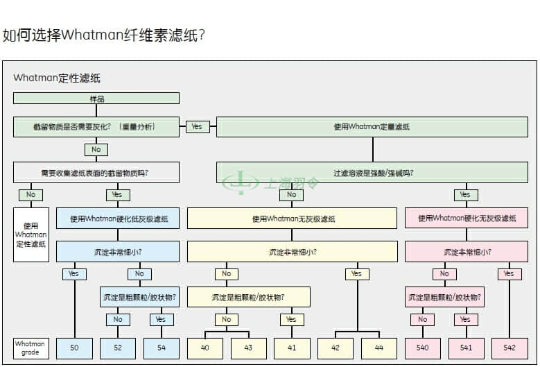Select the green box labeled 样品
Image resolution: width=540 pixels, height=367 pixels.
96,99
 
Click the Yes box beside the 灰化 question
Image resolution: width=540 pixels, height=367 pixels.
198,126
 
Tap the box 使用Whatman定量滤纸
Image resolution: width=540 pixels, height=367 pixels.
373,126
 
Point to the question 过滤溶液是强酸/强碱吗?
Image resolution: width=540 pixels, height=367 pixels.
373,173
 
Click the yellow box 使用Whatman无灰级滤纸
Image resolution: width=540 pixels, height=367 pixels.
293,219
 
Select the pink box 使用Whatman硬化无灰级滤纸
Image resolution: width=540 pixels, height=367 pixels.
467,219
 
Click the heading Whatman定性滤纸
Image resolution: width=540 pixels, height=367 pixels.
57,78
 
